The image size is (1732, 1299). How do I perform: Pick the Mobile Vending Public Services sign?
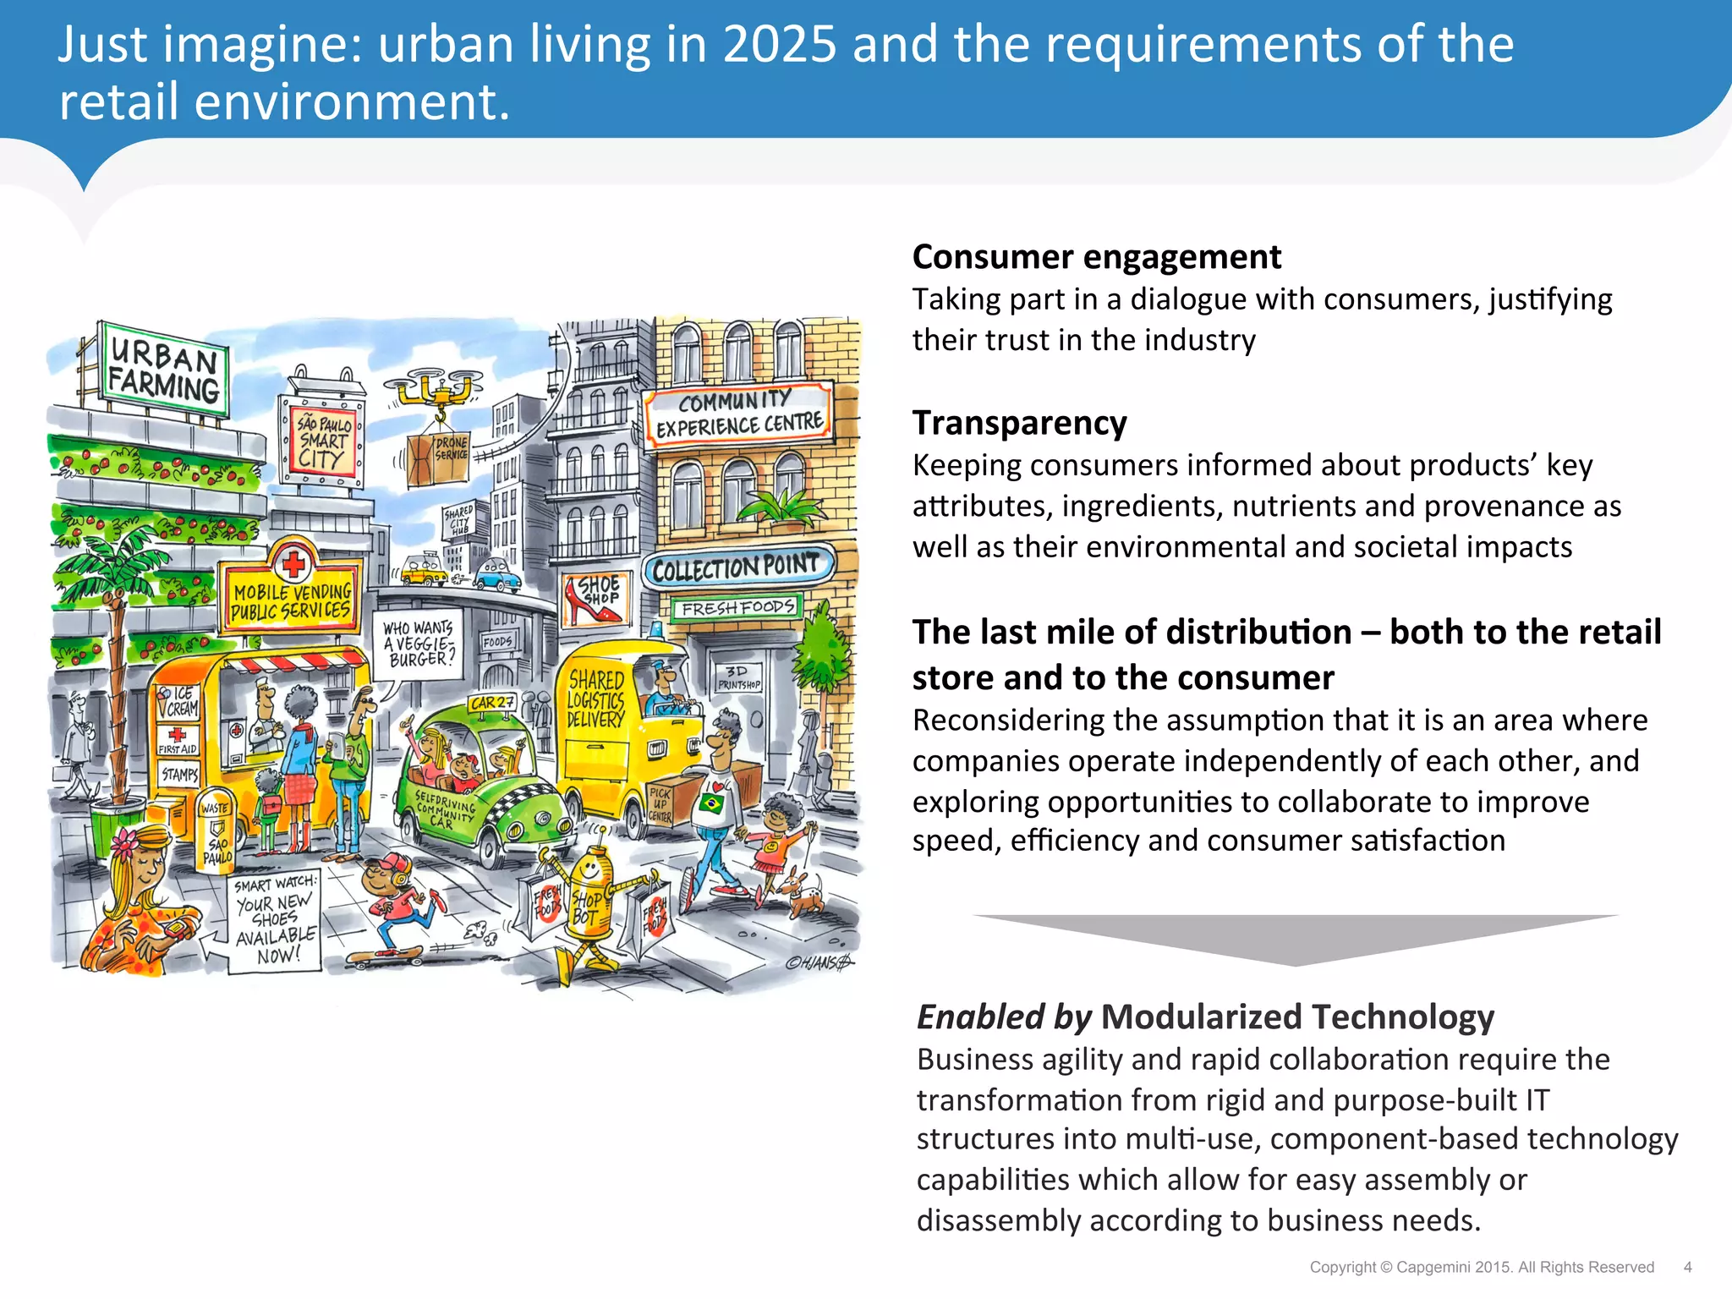[290, 600]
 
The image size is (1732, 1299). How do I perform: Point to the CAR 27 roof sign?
[492, 703]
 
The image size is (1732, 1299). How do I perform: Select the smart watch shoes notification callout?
[275, 922]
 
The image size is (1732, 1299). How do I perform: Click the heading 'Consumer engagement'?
[1096, 257]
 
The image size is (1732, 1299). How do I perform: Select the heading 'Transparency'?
[1019, 423]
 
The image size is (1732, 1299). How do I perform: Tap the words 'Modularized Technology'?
[1297, 1017]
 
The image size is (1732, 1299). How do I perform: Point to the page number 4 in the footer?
[1687, 1267]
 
